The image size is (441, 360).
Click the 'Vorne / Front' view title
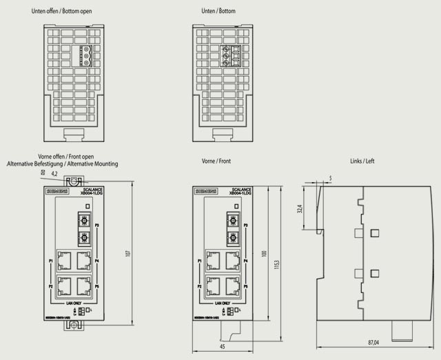click(x=216, y=161)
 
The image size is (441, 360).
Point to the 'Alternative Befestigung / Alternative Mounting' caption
click(x=63, y=164)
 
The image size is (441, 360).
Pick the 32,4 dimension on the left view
click(x=300, y=208)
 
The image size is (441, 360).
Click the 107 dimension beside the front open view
click(x=127, y=254)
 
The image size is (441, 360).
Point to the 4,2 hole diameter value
click(x=55, y=174)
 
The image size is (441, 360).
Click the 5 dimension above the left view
click(x=330, y=178)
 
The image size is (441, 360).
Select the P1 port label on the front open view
click(x=51, y=262)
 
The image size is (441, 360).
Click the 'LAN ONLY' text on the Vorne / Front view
click(x=222, y=303)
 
